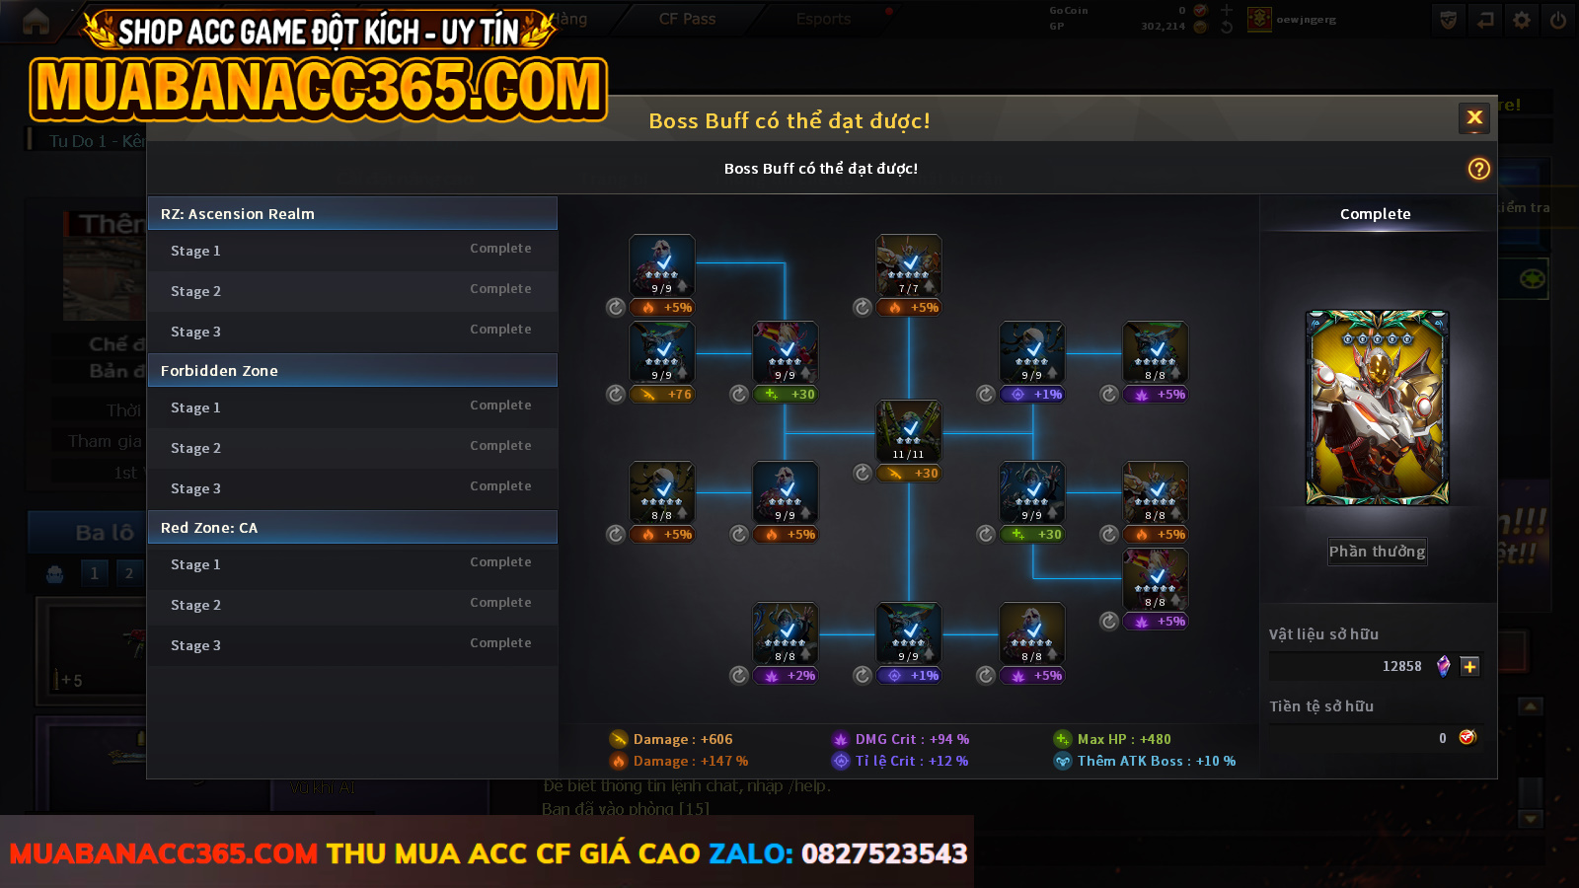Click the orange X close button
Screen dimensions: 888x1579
click(1474, 118)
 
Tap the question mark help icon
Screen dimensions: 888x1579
click(1478, 169)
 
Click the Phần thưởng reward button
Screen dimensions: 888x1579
click(1377, 552)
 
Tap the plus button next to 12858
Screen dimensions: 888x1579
click(1469, 666)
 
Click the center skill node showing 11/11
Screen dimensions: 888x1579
click(909, 430)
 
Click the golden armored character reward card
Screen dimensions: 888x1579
click(1377, 407)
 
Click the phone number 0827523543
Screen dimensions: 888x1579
click(884, 853)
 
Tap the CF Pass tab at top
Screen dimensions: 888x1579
click(687, 19)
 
